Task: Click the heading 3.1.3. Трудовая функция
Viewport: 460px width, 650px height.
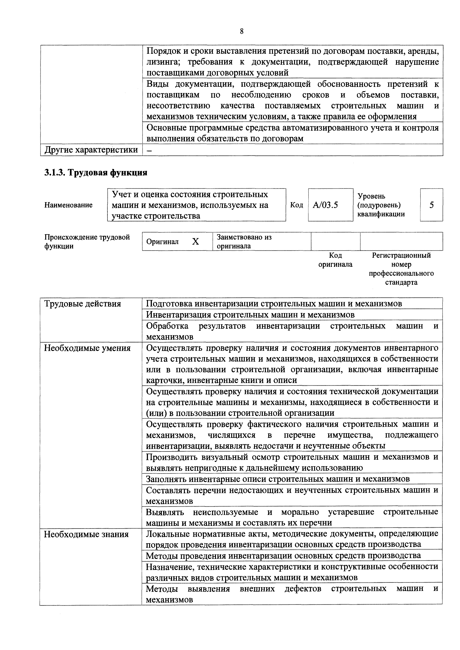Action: point(96,172)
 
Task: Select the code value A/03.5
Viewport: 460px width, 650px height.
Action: point(325,205)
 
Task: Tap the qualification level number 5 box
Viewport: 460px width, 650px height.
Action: point(431,205)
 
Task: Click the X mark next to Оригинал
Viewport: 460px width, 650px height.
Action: point(195,241)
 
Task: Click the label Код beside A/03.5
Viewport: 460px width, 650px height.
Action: point(297,205)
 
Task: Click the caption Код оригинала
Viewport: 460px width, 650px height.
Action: point(335,260)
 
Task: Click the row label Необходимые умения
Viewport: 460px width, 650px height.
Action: point(87,348)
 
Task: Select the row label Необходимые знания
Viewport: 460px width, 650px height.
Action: point(86,534)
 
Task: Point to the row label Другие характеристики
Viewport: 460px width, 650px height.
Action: point(91,150)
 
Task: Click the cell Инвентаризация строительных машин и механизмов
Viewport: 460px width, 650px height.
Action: point(250,314)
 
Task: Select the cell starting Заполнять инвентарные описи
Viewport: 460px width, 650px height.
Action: point(278,479)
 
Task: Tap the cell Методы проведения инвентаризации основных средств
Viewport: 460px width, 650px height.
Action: point(283,556)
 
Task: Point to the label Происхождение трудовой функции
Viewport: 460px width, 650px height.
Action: point(87,241)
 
